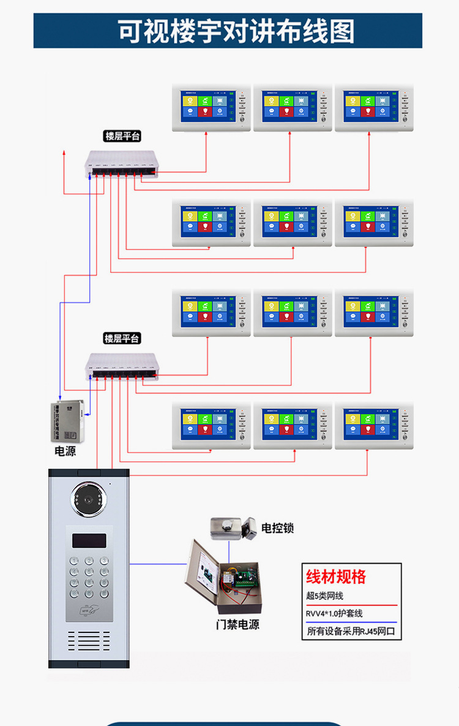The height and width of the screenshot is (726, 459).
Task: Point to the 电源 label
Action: pyautogui.click(x=67, y=452)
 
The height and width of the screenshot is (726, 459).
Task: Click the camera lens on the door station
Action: pyautogui.click(x=89, y=499)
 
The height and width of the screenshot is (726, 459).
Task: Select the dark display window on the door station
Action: pyautogui.click(x=89, y=540)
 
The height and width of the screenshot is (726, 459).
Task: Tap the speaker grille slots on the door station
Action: pyautogui.click(x=89, y=641)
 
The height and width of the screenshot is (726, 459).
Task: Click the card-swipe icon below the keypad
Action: pyautogui.click(x=89, y=609)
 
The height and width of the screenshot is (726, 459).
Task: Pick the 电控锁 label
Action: pyautogui.click(x=277, y=527)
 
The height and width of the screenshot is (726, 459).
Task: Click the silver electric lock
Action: pyautogui.click(x=233, y=529)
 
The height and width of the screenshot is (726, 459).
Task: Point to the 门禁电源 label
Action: pyautogui.click(x=237, y=624)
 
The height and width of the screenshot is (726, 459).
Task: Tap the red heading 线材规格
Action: pyautogui.click(x=336, y=577)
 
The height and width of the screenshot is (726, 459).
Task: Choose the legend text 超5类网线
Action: pyautogui.click(x=325, y=596)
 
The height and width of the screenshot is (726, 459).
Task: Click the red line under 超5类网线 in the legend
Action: pyautogui.click(x=351, y=605)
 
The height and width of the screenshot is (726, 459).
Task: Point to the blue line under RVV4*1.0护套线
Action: pyautogui.click(x=351, y=622)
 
